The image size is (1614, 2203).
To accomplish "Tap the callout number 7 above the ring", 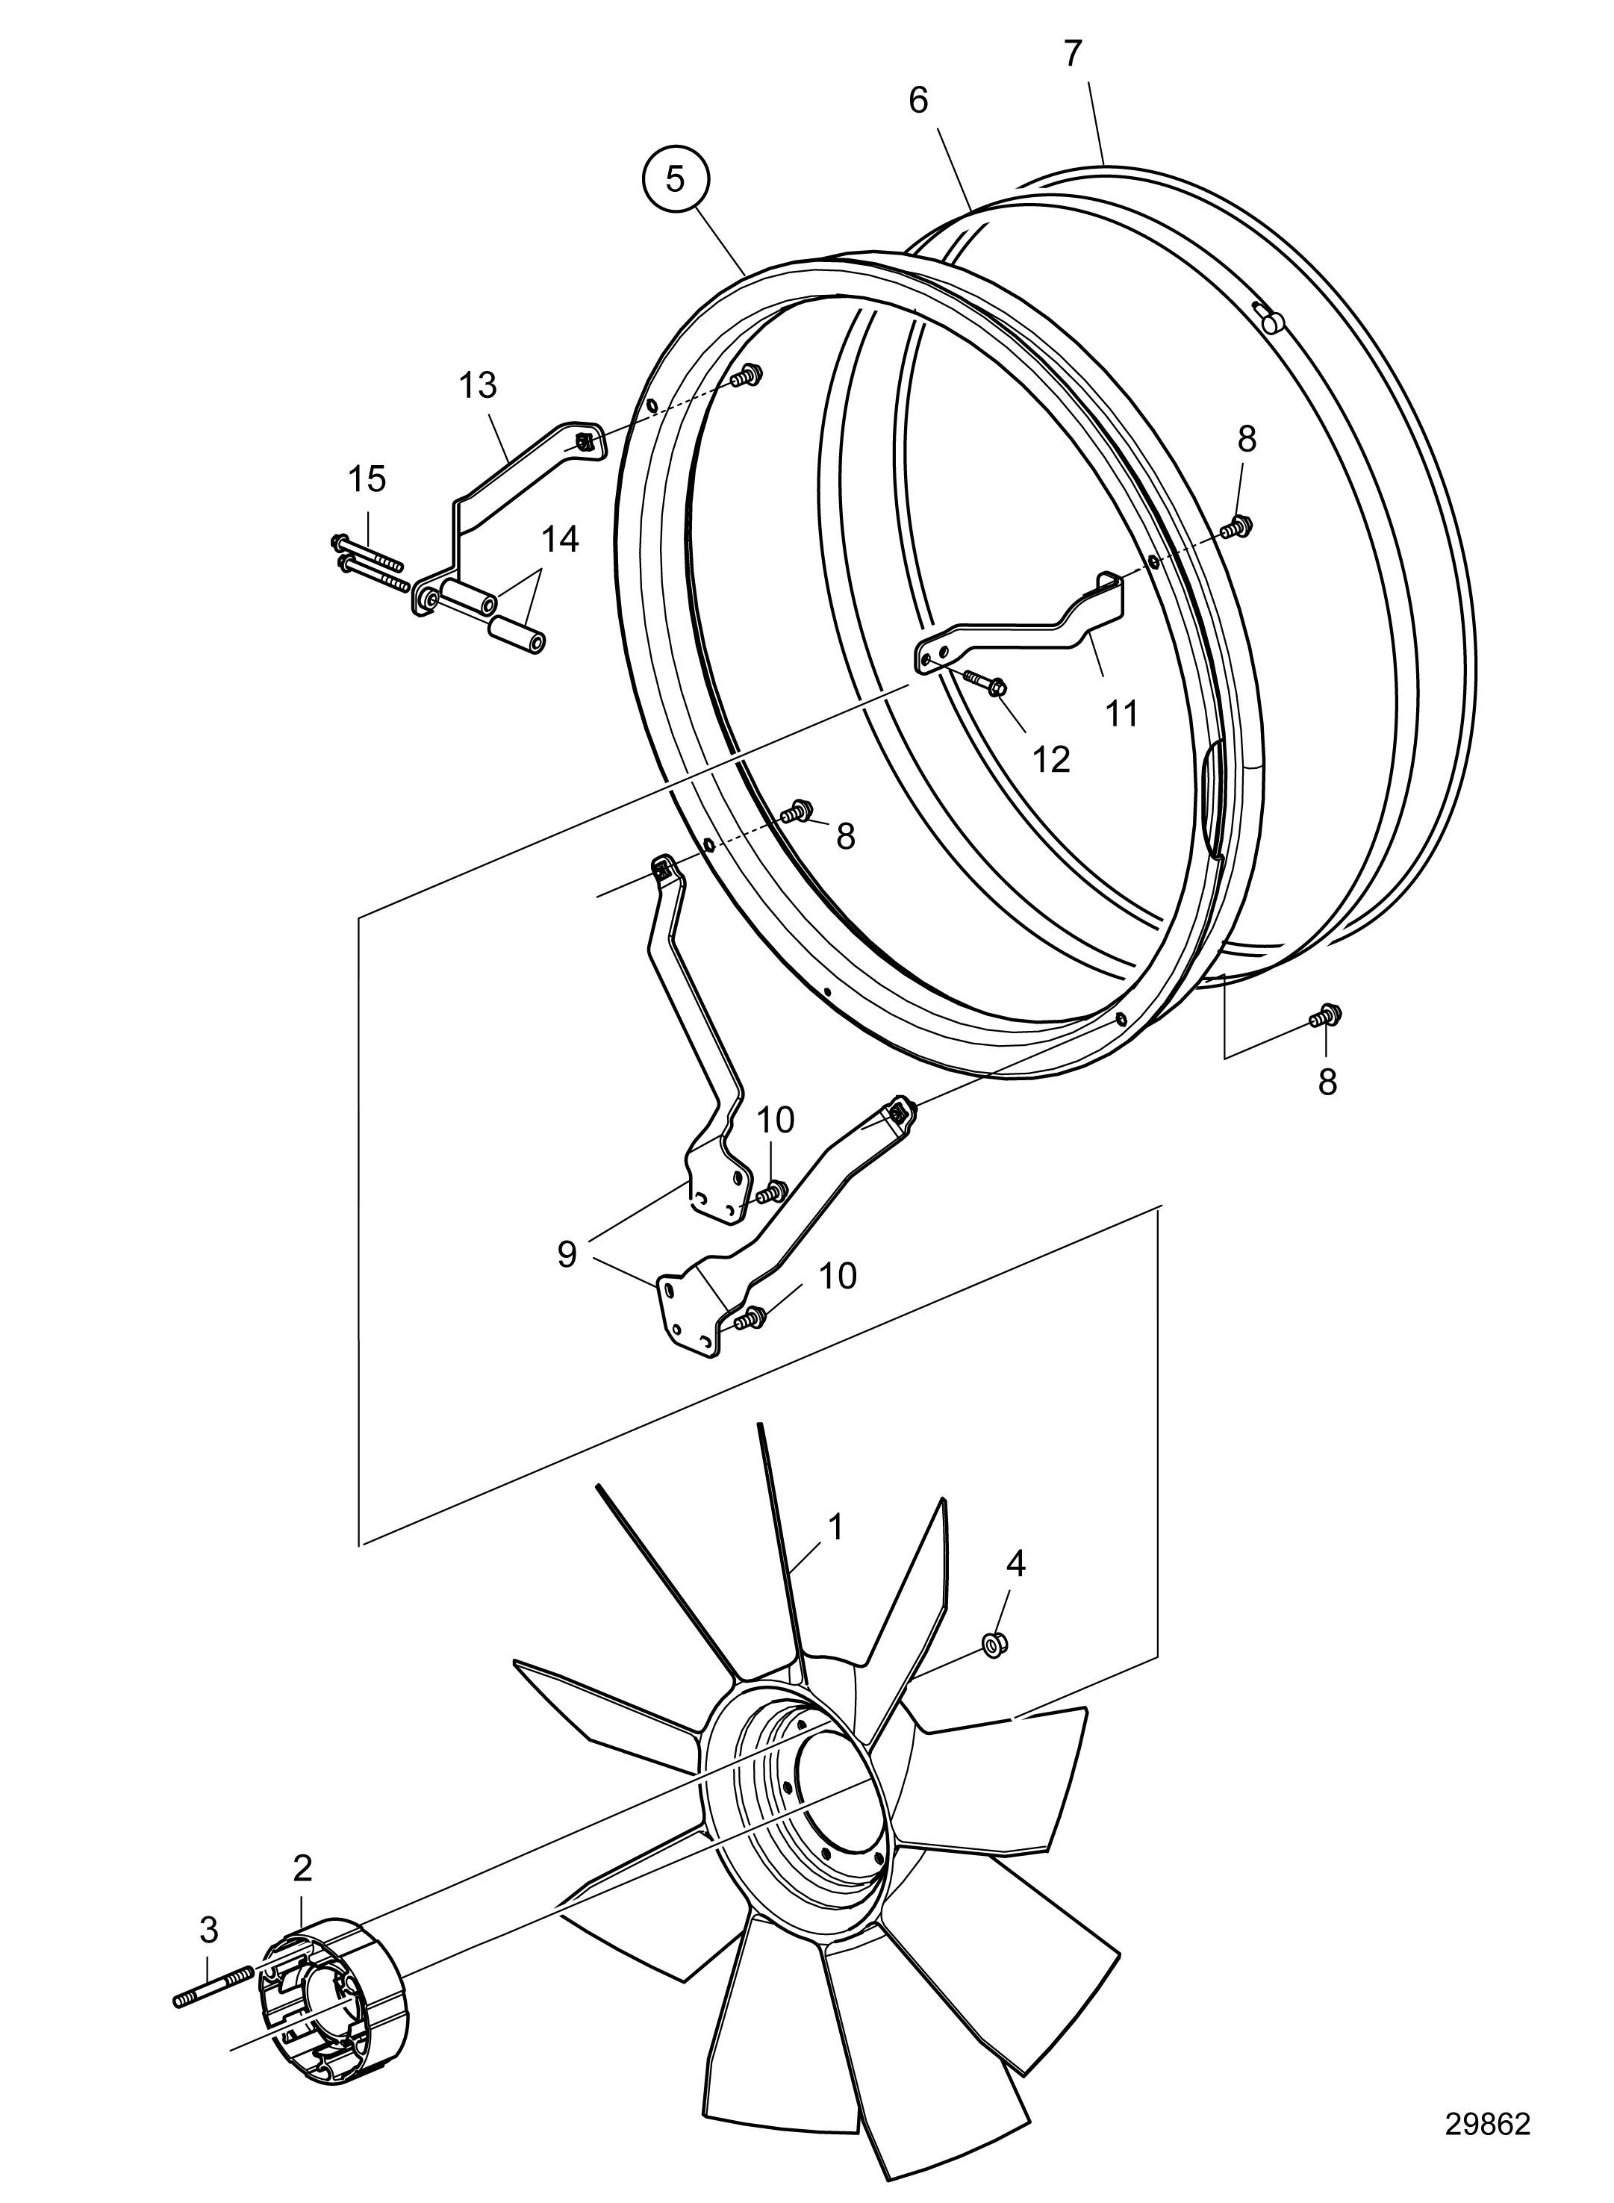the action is pyautogui.click(x=1073, y=54).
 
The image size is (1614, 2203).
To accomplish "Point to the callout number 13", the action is pyautogui.click(x=479, y=386).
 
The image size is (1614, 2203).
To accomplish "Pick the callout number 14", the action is pyautogui.click(x=561, y=538).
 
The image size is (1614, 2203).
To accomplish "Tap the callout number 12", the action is pyautogui.click(x=1051, y=759).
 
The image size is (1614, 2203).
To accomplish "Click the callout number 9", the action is pyautogui.click(x=567, y=1254).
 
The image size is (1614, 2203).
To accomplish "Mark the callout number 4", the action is pyautogui.click(x=1016, y=1564).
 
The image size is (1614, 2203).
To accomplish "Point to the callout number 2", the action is pyautogui.click(x=303, y=1868).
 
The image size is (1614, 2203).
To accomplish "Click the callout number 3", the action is pyautogui.click(x=208, y=1930).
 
